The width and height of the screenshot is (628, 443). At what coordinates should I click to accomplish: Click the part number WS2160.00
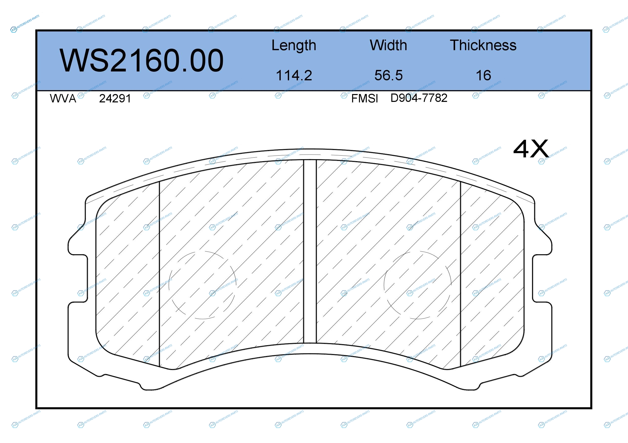pos(141,60)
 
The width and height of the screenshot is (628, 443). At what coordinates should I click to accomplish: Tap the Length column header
pos(294,45)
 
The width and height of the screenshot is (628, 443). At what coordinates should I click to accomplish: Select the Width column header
pos(388,45)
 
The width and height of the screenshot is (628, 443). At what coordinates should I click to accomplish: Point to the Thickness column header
pos(483,45)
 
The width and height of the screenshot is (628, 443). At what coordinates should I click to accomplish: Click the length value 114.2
pos(294,75)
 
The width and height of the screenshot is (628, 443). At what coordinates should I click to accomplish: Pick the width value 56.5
pos(388,75)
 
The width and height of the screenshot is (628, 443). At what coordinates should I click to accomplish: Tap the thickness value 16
pos(483,75)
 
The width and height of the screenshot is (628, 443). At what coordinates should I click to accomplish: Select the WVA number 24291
pos(115,99)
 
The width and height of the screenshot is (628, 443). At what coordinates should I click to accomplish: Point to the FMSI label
pos(364,99)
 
